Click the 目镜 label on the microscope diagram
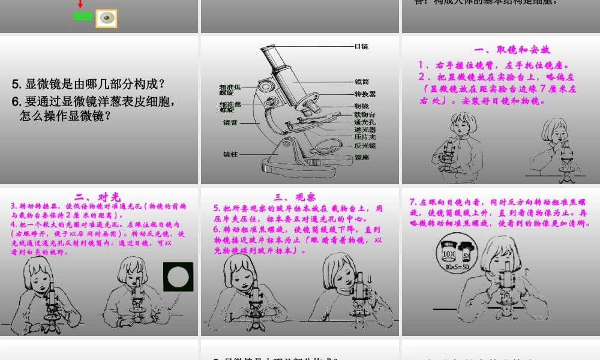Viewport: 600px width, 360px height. pos(361,46)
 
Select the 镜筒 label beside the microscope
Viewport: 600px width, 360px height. pos(362,82)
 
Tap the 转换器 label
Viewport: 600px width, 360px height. pos(365,94)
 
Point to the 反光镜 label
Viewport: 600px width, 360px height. pos(365,145)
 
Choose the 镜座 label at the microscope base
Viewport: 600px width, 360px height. pos(362,157)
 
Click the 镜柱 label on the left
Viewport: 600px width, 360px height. pos(230,154)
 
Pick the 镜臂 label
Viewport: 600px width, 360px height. pos(230,122)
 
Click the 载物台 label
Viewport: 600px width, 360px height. pos(365,114)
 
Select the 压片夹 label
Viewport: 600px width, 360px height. pos(365,137)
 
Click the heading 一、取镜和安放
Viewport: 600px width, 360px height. pos(512,50)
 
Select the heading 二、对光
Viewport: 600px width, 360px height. pos(98,196)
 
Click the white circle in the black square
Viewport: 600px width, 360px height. pos(178,277)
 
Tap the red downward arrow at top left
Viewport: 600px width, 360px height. pos(80,4)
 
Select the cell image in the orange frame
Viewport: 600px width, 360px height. pos(106,18)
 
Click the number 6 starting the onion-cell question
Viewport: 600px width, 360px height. pos(15,102)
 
